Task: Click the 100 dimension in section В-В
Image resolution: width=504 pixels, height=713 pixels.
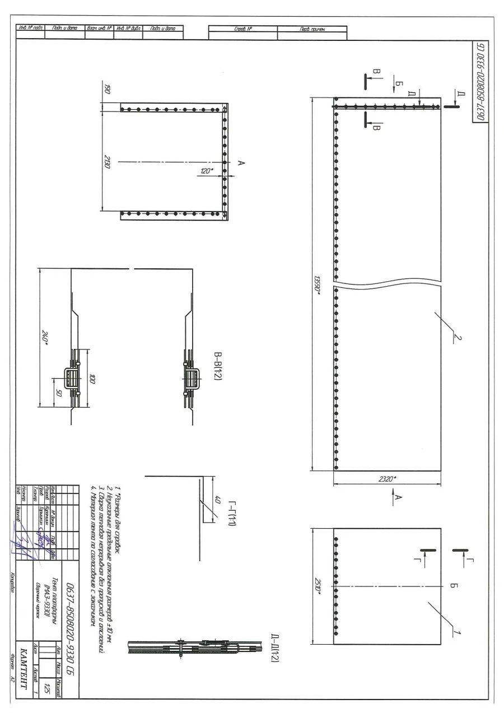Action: coord(93,380)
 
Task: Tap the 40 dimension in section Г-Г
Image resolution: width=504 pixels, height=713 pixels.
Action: coord(220,500)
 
